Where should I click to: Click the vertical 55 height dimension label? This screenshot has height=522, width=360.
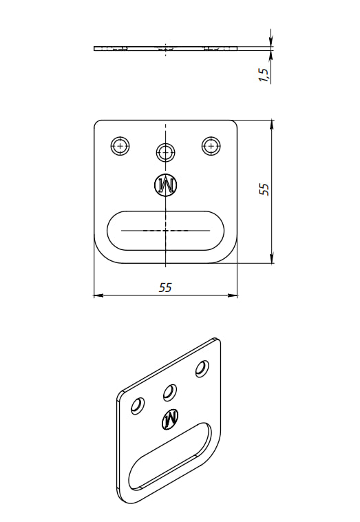264,189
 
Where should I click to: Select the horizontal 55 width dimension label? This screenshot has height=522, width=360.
165,287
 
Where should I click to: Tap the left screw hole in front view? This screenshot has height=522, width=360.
120,145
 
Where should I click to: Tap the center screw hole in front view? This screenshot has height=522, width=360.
166,153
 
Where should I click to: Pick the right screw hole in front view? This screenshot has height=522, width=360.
211,145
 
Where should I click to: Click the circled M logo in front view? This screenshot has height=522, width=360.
166,185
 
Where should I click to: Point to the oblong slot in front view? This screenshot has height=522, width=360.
165,211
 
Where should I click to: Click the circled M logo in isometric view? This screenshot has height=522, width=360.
170,417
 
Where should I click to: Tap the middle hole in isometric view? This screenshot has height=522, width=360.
170,393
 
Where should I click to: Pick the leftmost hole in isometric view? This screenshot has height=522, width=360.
138,406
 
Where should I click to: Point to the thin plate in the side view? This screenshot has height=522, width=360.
166,49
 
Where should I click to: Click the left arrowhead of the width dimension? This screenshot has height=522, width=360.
98,295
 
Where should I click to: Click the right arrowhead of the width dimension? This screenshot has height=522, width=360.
233,295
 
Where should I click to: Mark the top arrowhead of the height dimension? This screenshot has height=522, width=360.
272,125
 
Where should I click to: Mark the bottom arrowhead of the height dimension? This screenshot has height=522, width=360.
272,258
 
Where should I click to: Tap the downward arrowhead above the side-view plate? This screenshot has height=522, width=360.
271,41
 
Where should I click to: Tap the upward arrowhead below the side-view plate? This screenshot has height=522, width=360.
271,56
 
